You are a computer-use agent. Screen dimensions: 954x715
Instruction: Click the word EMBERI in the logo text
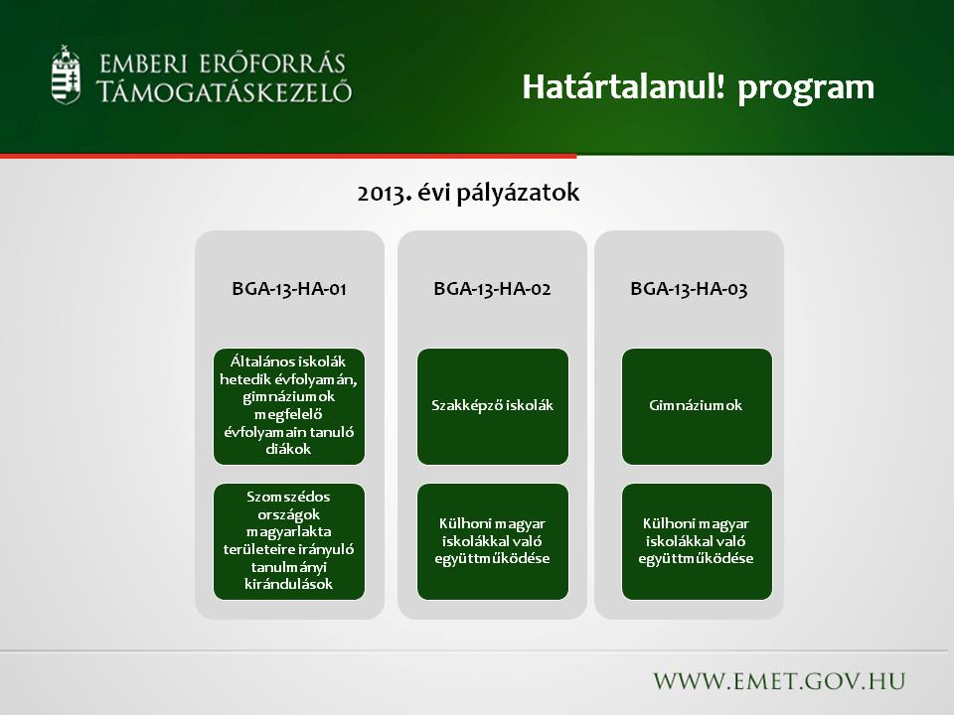143,65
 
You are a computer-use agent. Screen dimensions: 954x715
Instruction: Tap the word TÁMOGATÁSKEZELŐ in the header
224,91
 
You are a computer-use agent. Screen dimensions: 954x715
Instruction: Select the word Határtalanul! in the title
624,86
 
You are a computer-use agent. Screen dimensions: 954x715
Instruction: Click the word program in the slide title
806,88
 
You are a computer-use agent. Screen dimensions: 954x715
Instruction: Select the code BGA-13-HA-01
289,288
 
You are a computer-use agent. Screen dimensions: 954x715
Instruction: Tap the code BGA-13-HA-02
492,288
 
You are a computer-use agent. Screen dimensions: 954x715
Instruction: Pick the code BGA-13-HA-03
689,288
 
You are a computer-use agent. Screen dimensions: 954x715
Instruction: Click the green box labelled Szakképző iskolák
493,406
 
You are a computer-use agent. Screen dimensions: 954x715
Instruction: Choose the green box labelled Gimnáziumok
697,406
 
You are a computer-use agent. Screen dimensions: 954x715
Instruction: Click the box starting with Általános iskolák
289,406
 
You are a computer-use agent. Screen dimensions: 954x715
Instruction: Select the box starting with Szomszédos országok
289,541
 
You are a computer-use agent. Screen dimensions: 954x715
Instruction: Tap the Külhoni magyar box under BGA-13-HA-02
493,541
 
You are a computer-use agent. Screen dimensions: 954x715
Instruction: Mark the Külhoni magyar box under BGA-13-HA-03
697,541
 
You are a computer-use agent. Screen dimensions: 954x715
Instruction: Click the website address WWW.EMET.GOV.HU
779,681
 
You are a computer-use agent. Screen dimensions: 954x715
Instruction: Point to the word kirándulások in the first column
288,584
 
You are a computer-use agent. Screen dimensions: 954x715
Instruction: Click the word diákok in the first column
288,449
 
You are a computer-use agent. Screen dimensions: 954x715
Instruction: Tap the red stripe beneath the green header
288,156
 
